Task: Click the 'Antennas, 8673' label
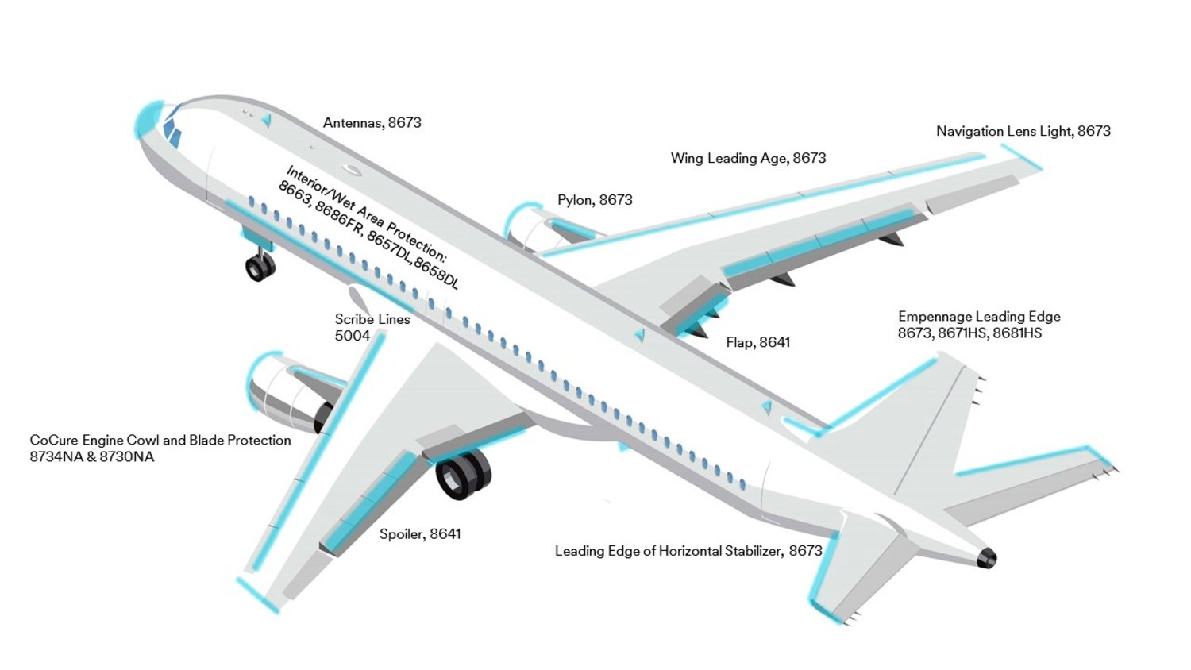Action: coord(372,123)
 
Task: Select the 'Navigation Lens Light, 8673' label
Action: coord(1023,131)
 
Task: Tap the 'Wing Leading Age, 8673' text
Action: coord(748,159)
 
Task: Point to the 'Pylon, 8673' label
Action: coord(595,200)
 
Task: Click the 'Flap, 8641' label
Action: coord(758,342)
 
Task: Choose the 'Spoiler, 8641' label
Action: coord(420,534)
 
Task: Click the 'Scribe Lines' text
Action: coord(372,319)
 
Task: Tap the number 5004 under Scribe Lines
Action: coord(352,336)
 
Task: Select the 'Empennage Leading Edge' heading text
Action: coord(979,317)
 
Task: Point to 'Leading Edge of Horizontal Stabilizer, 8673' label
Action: coord(688,551)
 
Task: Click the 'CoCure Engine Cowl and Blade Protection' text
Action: coord(160,441)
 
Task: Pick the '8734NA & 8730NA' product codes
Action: coord(92,456)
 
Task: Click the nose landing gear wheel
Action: coord(260,267)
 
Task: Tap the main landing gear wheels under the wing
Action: coord(463,474)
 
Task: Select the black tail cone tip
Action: coord(987,558)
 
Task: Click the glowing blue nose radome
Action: coord(146,120)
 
